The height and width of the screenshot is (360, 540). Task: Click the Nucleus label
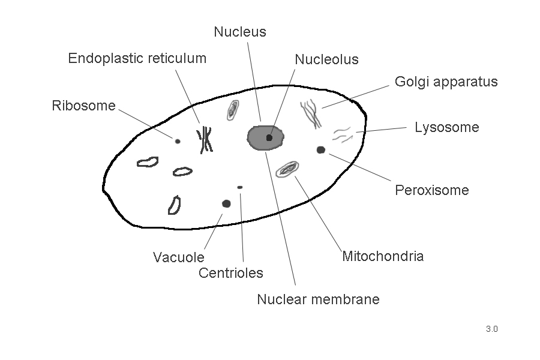(239, 32)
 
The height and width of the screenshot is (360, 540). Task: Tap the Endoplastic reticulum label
(137, 58)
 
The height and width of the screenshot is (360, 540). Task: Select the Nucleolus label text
(326, 59)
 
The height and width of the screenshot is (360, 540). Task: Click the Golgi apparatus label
(446, 82)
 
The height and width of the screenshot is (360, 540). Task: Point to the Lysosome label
(446, 127)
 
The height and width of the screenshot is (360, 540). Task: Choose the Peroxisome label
(431, 190)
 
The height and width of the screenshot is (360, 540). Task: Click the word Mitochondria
(382, 256)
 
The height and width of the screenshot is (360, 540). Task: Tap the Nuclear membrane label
(318, 299)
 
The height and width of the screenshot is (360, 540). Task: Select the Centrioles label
(230, 273)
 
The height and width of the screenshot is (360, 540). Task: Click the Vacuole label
(178, 257)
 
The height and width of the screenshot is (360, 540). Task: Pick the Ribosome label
(83, 106)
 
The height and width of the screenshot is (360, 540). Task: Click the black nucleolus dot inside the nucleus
(269, 138)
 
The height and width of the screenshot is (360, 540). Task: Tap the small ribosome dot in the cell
(178, 142)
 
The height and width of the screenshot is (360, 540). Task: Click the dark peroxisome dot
(321, 150)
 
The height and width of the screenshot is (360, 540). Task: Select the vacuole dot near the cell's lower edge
(226, 203)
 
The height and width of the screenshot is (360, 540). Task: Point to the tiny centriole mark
(240, 187)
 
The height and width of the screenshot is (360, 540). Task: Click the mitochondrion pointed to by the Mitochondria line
(287, 170)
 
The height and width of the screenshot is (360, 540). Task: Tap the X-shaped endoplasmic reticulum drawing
(205, 140)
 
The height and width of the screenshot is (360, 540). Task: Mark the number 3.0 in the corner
(492, 329)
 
